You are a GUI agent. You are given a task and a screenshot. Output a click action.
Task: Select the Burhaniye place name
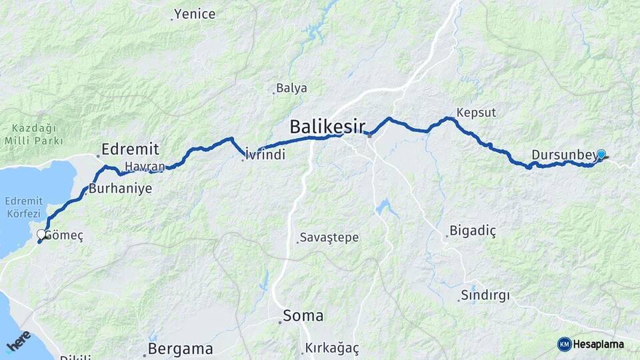pyautogui.click(x=121, y=189)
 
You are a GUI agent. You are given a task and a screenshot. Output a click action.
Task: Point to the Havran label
pyautogui.click(x=144, y=165)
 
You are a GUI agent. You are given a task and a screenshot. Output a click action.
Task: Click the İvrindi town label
pyautogui.click(x=265, y=155)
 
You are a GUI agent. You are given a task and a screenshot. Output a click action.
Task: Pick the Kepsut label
pyautogui.click(x=477, y=113)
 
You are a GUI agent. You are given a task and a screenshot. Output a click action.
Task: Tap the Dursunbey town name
pyautogui.click(x=563, y=156)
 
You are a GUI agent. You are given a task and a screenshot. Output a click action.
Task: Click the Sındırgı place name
pyautogui.click(x=485, y=295)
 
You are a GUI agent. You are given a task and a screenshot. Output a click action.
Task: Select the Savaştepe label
pyautogui.click(x=329, y=237)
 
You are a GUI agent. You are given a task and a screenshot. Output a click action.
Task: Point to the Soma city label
pyautogui.click(x=303, y=315)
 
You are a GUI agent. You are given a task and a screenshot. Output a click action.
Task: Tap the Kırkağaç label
pyautogui.click(x=332, y=348)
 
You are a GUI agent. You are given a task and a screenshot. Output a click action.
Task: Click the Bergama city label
pyautogui.click(x=181, y=349)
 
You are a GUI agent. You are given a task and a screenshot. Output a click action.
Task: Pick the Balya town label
pyautogui.click(x=292, y=88)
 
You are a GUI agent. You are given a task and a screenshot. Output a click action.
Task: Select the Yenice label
pyautogui.click(x=195, y=14)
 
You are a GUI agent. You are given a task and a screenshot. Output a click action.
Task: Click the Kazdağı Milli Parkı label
pyautogui.click(x=33, y=135)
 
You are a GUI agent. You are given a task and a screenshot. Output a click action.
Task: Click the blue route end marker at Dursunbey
pyautogui.click(x=601, y=155)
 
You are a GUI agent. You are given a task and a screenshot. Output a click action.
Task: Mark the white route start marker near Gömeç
pyautogui.click(x=41, y=234)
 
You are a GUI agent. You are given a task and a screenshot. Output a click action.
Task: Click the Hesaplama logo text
pyautogui.click(x=598, y=344)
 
